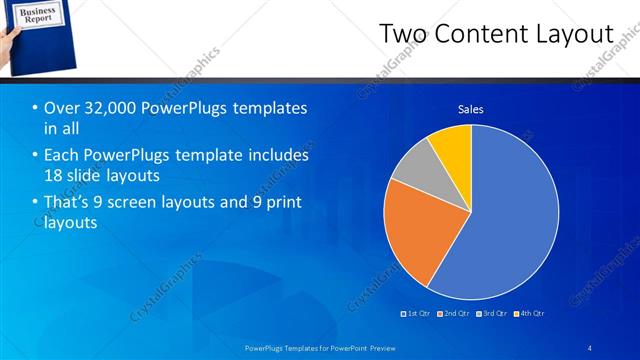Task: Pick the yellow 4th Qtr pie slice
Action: click(x=453, y=148)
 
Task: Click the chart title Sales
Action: click(x=471, y=109)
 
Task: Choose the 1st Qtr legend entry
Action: click(x=417, y=314)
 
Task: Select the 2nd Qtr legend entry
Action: click(x=455, y=314)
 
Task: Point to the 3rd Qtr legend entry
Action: click(x=493, y=314)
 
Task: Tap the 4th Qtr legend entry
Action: click(x=531, y=314)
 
